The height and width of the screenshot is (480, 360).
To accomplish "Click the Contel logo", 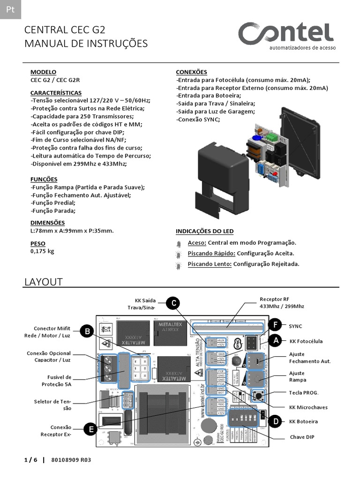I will click(x=286, y=34).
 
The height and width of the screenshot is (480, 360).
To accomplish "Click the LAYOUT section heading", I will click(x=43, y=282).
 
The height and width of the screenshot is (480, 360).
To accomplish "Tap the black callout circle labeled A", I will click(x=276, y=341).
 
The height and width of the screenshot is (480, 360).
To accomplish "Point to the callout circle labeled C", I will click(x=173, y=303).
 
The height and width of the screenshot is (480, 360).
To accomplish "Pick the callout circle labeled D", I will click(x=276, y=421).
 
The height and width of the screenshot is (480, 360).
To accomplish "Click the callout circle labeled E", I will click(x=90, y=428).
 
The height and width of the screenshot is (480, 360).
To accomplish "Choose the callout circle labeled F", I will click(x=276, y=325).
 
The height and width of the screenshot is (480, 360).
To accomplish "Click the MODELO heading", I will click(x=43, y=72).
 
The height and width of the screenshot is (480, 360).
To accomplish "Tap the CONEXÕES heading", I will click(x=191, y=72).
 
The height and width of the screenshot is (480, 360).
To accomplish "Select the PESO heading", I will click(x=38, y=243).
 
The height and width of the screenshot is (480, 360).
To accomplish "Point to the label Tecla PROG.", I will click(x=303, y=393).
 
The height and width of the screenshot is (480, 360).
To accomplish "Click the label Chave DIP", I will click(x=302, y=437).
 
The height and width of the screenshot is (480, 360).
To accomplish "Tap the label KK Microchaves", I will click(x=308, y=407).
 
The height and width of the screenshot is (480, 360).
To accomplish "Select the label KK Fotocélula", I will click(x=306, y=341).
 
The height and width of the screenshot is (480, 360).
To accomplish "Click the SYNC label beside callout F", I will click(x=295, y=325).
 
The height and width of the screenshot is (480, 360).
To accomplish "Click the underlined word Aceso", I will click(x=196, y=243).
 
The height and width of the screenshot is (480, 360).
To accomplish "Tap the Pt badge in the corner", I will click(x=10, y=9).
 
